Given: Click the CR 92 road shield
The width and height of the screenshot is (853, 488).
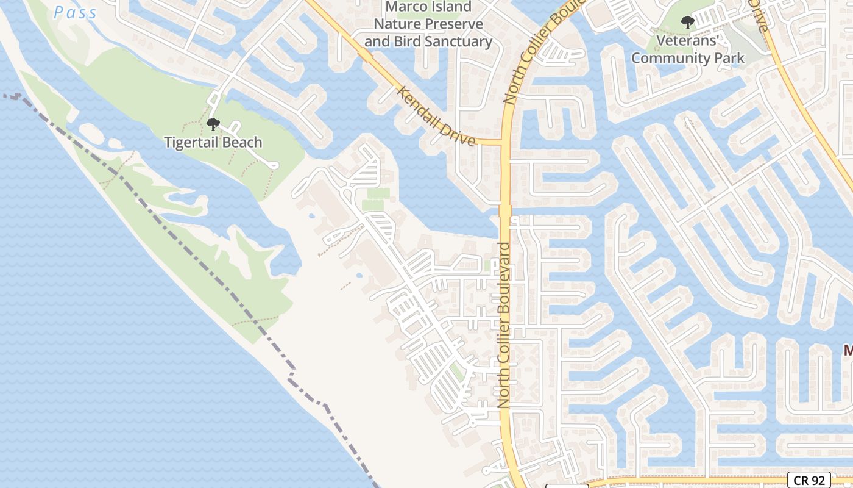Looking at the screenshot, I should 808,480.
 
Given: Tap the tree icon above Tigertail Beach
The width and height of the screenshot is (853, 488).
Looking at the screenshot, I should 213,124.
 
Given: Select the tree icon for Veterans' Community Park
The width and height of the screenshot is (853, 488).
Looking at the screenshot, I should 688,23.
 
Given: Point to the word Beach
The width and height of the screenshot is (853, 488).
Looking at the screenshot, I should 244,142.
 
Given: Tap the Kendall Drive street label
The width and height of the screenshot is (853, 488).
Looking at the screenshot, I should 436,116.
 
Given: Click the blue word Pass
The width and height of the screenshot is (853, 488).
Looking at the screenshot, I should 75,12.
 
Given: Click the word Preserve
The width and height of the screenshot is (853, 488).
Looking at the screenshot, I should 455,24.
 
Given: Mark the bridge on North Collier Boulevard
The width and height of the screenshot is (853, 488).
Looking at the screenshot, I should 505,210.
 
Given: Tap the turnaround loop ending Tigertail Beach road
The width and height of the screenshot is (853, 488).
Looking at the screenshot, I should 273,165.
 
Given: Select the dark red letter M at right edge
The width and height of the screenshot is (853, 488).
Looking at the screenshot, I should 848,351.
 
